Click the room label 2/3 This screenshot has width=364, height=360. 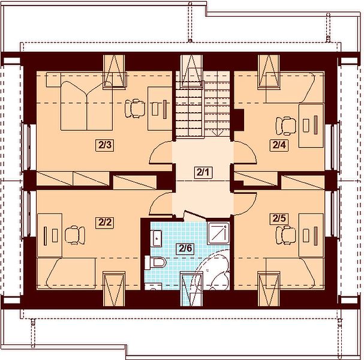[104, 145]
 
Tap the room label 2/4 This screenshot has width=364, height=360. [279, 145]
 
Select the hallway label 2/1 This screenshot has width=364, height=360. [203, 173]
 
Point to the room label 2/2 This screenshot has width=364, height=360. [104, 223]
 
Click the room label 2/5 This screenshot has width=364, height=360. [279, 218]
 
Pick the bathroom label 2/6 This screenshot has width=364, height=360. [185, 249]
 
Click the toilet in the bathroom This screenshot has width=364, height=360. [155, 263]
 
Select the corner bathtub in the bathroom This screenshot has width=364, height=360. [213, 271]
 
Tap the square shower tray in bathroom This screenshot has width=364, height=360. [218, 233]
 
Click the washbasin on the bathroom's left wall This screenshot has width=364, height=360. [157, 238]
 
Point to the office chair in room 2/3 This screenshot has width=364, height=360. [135, 109]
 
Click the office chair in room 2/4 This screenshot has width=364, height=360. [286, 126]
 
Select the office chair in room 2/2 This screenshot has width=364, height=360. [75, 235]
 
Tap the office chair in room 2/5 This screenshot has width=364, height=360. [286, 235]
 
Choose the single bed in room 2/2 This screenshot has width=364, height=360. [66, 274]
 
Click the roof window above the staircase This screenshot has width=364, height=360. [191, 71]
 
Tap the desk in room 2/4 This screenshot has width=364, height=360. [311, 125]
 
